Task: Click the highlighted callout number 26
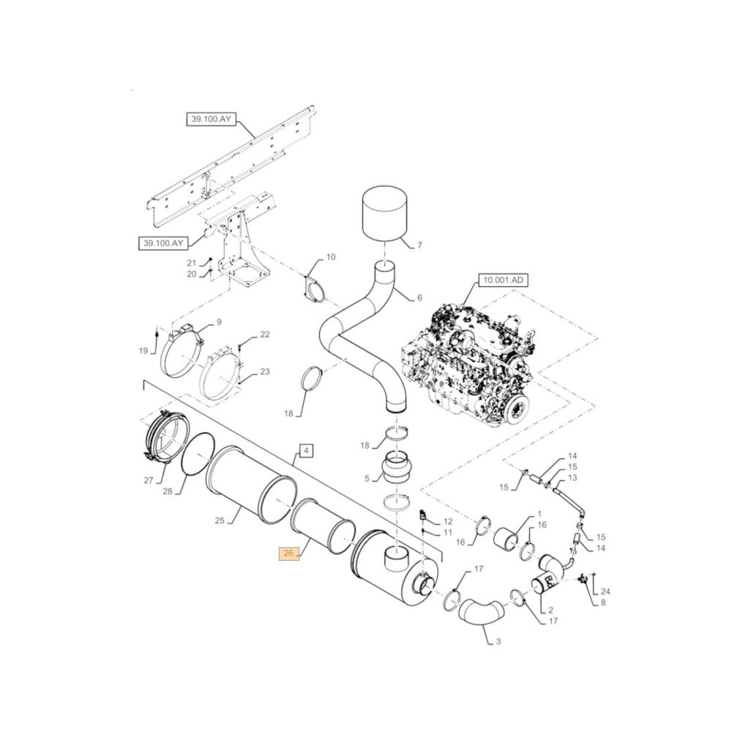pyautogui.click(x=288, y=553)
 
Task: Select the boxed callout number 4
pyautogui.click(x=306, y=450)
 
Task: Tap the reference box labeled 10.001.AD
pyautogui.click(x=504, y=280)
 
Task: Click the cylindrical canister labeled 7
pyautogui.click(x=385, y=213)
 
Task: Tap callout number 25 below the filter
pyautogui.click(x=219, y=520)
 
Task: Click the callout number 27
pyautogui.click(x=149, y=481)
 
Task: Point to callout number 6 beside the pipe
pyautogui.click(x=419, y=298)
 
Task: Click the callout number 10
pyautogui.click(x=331, y=257)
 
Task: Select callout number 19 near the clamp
pyautogui.click(x=143, y=351)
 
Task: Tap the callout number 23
pyautogui.click(x=265, y=372)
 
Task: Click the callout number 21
pyautogui.click(x=191, y=263)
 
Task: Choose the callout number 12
pyautogui.click(x=449, y=520)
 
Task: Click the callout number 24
pyautogui.click(x=605, y=591)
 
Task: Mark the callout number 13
pyautogui.click(x=572, y=477)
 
